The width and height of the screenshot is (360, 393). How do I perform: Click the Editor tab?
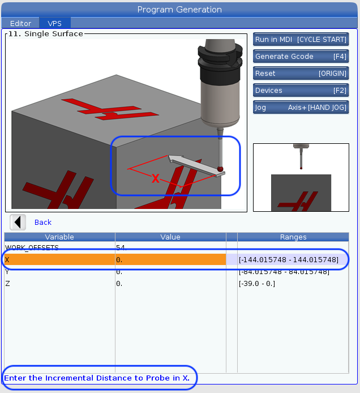[x=20, y=23]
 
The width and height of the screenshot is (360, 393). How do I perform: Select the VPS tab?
[x=54, y=23]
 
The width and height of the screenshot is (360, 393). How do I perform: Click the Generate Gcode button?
[x=301, y=57]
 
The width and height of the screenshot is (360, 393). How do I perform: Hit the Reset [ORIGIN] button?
[x=301, y=74]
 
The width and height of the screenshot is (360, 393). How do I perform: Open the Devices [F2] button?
[x=301, y=91]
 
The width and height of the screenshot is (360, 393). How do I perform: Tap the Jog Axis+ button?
[x=301, y=108]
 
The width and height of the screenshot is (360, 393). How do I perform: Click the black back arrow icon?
[x=18, y=222]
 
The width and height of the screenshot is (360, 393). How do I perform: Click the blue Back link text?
[x=43, y=223]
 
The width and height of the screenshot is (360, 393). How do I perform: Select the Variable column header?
[x=59, y=237]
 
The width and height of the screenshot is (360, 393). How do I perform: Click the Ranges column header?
[x=293, y=237]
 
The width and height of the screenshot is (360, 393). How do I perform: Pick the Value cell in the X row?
[x=170, y=259]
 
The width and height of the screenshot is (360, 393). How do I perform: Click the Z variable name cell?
[x=59, y=284]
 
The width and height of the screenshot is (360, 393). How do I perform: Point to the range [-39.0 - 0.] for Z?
[x=257, y=284]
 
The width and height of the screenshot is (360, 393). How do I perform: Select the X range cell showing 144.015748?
[x=288, y=260]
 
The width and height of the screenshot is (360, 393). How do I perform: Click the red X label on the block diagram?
[x=155, y=179]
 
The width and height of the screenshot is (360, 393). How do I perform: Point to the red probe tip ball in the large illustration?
[x=220, y=169]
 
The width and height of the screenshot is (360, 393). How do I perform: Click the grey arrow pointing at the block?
[x=196, y=165]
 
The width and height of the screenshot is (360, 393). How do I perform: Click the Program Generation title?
[x=179, y=10]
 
